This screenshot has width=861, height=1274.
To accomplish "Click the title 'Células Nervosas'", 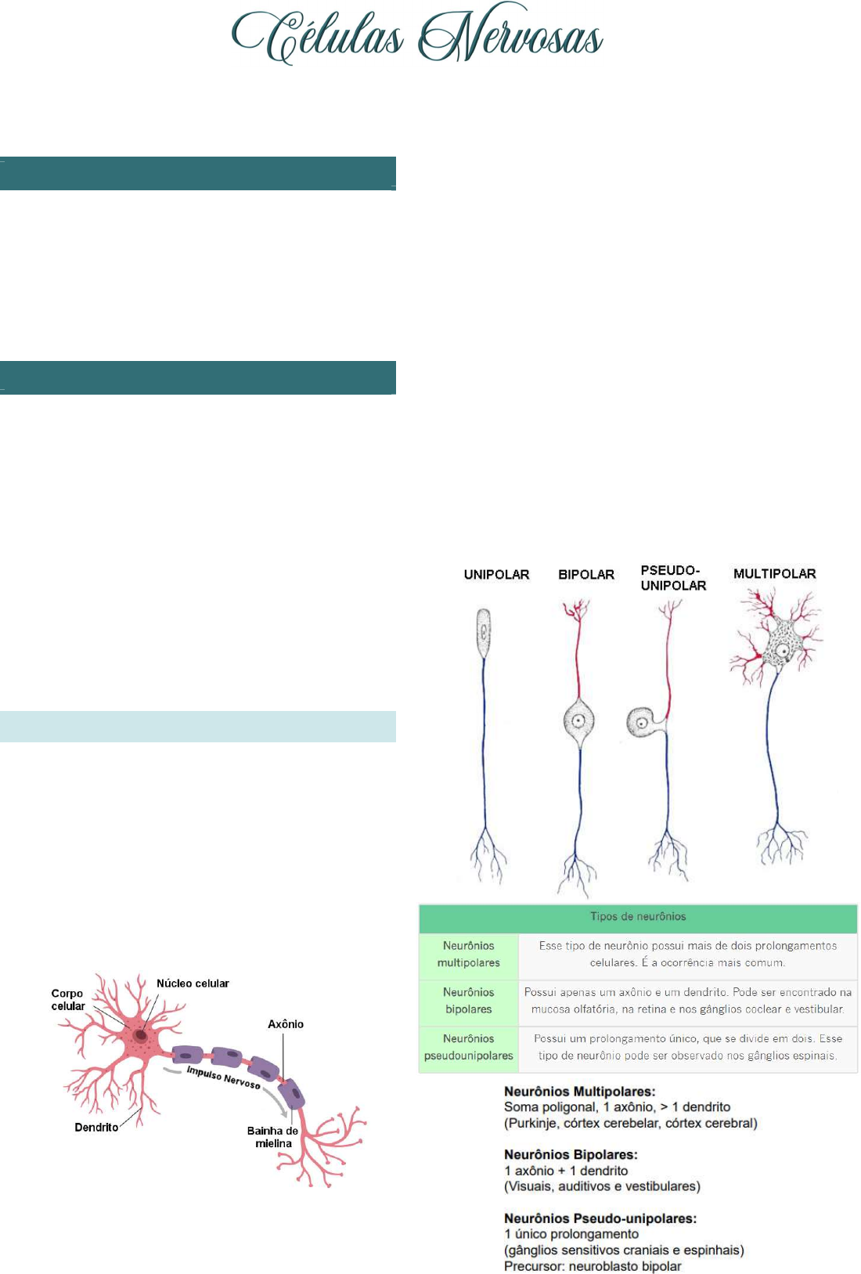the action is coord(417,34).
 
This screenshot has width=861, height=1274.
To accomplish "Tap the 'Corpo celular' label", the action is coord(67,999).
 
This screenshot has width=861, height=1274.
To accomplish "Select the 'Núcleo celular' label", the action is coord(193,983).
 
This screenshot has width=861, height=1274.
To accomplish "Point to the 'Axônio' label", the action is coord(286,1023).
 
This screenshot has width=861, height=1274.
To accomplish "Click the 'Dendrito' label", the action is coord(97,1128).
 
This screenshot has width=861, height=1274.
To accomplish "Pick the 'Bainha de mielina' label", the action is coord(273,1137).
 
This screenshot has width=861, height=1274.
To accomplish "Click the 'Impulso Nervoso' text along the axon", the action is coord(224,1077).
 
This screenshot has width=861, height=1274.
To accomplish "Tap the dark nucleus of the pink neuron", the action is coord(140,1034).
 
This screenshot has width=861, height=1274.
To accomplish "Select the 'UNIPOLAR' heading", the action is coord(496,575).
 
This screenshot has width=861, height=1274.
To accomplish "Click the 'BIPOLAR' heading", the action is coord(586,575).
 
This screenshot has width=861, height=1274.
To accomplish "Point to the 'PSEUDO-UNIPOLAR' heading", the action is coord(673,578).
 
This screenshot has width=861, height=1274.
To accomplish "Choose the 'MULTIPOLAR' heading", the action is coord(775,573).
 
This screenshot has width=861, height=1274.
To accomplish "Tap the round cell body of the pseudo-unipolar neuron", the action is coord(642,722).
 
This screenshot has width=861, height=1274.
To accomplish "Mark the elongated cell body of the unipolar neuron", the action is coord(484,633).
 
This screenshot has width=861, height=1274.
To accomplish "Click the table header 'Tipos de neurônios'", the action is coord(637,915).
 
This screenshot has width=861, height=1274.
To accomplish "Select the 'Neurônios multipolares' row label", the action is coord(469,954).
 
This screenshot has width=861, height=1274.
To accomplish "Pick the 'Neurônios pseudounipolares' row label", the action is coord(469,1046).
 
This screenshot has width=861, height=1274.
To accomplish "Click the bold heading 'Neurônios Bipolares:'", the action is coord(571,1154).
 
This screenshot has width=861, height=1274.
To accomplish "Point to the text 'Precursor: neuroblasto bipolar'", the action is coord(593,1266).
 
